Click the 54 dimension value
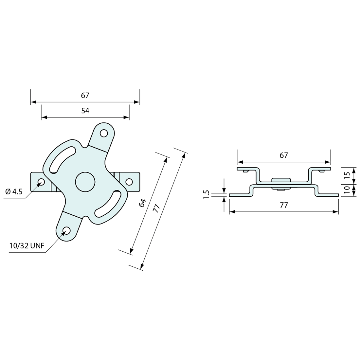85,111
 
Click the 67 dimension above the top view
85,96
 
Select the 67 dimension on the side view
284,155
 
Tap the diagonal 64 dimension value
142,203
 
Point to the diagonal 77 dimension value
156,208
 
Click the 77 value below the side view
284,205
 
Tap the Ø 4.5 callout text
14,191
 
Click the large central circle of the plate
85,182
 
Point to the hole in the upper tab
104,133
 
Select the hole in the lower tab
66,230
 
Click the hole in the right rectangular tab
129,182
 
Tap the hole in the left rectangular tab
42,182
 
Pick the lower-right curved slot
108,204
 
